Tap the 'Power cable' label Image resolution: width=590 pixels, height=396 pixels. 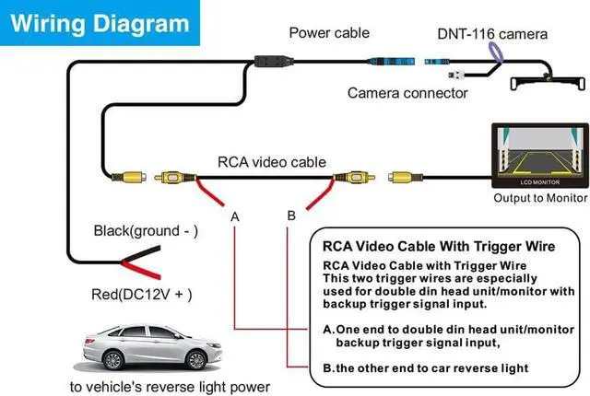click(329, 33)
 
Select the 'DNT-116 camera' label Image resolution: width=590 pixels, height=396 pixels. click(492, 35)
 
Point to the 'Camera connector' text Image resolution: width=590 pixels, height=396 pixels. click(407, 92)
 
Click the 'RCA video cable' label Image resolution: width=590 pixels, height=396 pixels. click(272, 162)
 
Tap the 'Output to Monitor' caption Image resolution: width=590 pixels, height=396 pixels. click(540, 197)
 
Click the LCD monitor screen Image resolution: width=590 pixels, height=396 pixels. click(539, 157)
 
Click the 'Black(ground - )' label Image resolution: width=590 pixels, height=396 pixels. click(146, 230)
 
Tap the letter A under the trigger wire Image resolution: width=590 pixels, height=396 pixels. click(235, 217)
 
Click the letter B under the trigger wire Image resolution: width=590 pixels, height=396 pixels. click(291, 215)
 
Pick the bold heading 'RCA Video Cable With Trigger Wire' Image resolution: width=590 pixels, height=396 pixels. click(439, 247)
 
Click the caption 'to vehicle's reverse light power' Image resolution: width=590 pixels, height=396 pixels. click(170, 386)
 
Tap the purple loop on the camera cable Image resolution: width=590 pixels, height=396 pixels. click(496, 54)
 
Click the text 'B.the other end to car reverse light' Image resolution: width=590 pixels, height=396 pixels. click(426, 367)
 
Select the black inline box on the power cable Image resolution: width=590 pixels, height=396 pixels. click(267, 63)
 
